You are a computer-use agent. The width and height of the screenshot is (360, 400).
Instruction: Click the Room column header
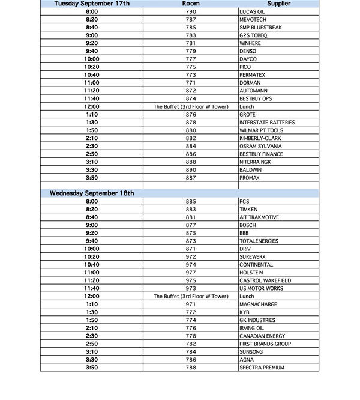[x=191, y=4]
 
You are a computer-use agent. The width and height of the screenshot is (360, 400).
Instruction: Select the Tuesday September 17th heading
[x=91, y=4]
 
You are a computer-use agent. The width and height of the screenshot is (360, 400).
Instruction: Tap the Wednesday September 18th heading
[x=91, y=193]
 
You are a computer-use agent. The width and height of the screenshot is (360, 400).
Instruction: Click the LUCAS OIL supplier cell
[x=252, y=11]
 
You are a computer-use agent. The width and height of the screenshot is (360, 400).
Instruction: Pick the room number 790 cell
[x=191, y=11]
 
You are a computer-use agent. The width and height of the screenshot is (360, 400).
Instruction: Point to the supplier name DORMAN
[x=250, y=83]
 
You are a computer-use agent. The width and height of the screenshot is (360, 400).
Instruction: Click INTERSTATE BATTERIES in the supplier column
[x=267, y=123]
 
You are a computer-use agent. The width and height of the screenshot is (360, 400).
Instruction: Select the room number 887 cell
[x=191, y=178]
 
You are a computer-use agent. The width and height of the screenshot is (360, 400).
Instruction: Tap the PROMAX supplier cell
[x=250, y=178]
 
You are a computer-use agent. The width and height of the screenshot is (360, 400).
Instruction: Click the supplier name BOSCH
[x=248, y=225]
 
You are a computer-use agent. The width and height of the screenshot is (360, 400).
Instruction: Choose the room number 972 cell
[x=191, y=256]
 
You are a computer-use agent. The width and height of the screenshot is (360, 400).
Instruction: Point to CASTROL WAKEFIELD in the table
[x=265, y=280]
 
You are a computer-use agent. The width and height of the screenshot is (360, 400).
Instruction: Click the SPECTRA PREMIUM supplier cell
[x=262, y=368]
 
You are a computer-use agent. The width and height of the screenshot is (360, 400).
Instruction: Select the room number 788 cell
[x=191, y=368]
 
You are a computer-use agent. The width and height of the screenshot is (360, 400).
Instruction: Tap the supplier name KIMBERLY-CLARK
[x=260, y=138]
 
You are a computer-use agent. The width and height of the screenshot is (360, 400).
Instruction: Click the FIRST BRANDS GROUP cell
[x=265, y=344]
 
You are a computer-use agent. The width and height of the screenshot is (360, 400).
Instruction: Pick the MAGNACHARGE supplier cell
[x=257, y=305]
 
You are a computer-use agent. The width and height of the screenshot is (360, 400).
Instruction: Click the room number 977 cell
[x=191, y=273]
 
